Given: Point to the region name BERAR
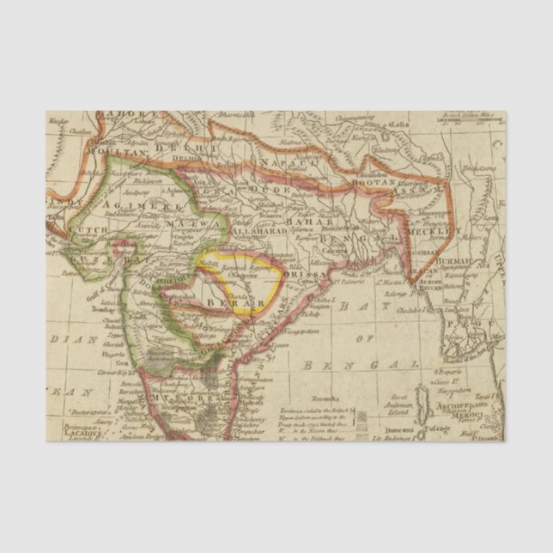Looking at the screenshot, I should click(x=226, y=303).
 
